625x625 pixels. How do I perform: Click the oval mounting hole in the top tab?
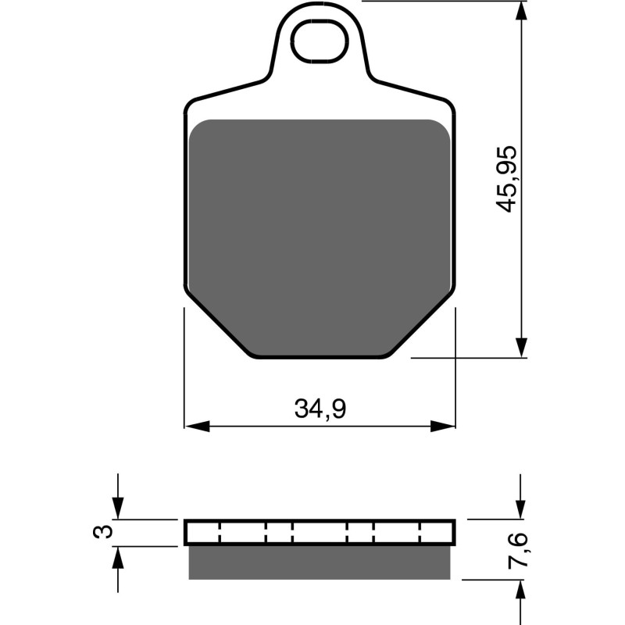click(x=319, y=42)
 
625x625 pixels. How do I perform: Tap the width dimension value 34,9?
click(x=320, y=407)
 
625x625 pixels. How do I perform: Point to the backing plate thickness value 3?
click(x=101, y=532)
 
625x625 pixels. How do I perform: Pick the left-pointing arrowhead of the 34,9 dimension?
click(x=195, y=427)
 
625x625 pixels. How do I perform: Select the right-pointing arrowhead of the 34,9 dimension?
click(x=444, y=427)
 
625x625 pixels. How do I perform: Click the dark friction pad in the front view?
click(x=320, y=234)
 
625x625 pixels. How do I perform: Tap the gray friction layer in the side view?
click(x=320, y=562)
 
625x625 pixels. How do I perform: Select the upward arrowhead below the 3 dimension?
click(x=117, y=555)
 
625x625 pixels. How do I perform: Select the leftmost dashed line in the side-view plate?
click(x=220, y=533)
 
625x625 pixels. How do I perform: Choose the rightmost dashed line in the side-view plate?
click(x=421, y=533)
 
